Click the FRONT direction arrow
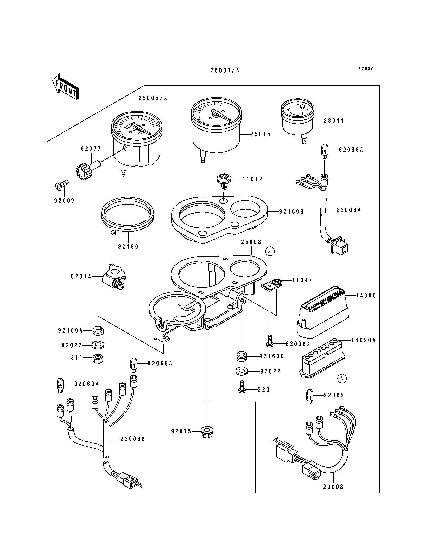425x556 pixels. pos(65,86)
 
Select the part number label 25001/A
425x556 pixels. pos(225,70)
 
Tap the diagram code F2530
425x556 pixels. pos(366,69)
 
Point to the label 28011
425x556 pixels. pos(334,121)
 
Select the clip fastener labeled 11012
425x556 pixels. pos(224,181)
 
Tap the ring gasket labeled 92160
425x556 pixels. pos(128,215)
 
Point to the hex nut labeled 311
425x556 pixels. pos(98,359)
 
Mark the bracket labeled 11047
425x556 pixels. pos(272,284)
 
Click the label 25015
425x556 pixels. pos(260,134)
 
